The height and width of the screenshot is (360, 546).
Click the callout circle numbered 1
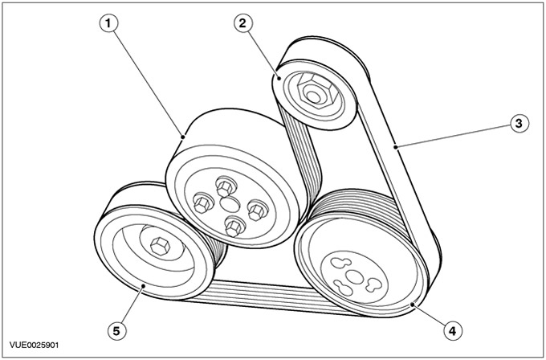pyautogui.click(x=109, y=23)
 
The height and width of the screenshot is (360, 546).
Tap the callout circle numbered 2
pyautogui.click(x=243, y=23)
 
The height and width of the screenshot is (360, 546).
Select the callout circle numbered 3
pyautogui.click(x=520, y=124)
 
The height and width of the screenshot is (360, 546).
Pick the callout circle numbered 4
pyautogui.click(x=453, y=330)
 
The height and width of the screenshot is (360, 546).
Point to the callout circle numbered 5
pyautogui.click(x=116, y=330)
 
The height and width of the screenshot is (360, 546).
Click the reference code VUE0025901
pyautogui.click(x=34, y=346)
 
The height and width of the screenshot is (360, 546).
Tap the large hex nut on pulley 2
pyautogui.click(x=315, y=92)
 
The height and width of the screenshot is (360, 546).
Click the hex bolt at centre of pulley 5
pyautogui.click(x=160, y=246)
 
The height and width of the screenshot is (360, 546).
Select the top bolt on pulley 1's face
pyautogui.click(x=226, y=186)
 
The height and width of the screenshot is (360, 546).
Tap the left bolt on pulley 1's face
pyautogui.click(x=202, y=202)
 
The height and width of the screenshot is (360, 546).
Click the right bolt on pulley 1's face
pyautogui.click(x=257, y=211)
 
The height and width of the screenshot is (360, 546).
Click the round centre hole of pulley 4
pyautogui.click(x=355, y=277)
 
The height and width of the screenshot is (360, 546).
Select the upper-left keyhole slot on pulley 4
pyautogui.click(x=340, y=263)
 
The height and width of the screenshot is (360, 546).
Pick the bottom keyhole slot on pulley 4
pyautogui.click(x=344, y=288)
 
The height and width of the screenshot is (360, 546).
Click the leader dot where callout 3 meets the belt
pyautogui.click(x=396, y=147)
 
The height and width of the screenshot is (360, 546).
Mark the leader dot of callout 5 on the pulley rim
pyautogui.click(x=143, y=286)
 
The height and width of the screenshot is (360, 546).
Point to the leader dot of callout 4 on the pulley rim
pyautogui.click(x=413, y=305)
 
